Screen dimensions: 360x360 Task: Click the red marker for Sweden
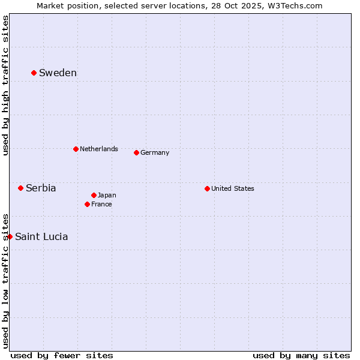(34, 73)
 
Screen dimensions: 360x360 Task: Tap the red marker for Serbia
(20, 188)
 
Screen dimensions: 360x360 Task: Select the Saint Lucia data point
(10, 236)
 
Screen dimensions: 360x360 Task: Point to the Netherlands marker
(76, 149)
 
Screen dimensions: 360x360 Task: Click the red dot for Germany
(136, 152)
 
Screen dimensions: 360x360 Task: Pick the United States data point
(207, 188)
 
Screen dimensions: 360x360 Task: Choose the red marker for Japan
(94, 195)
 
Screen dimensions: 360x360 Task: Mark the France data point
(87, 204)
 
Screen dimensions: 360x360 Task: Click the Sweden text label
(58, 73)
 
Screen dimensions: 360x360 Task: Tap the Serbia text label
(41, 188)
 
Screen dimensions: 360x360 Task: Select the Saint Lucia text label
(41, 236)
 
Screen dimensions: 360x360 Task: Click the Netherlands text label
(99, 149)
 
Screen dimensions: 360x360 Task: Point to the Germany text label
(155, 152)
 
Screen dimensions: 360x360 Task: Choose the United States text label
(233, 188)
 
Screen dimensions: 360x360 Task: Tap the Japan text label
(107, 195)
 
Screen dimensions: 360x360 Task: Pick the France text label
(101, 204)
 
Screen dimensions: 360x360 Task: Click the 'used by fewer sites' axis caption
(62, 355)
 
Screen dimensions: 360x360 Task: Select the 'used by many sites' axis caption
(301, 355)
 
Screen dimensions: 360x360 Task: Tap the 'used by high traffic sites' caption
(5, 85)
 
